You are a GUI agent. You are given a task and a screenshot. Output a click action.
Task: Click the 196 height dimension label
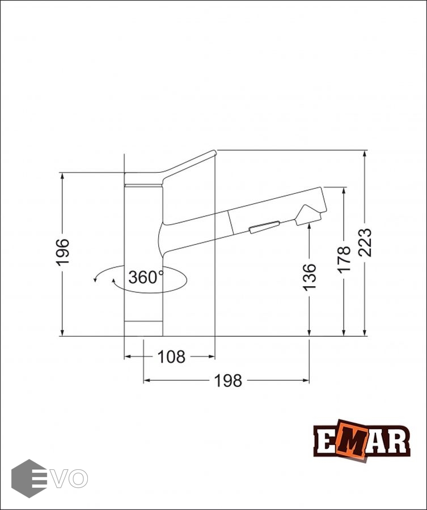point(62,252)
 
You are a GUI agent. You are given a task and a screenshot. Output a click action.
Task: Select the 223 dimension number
point(365,243)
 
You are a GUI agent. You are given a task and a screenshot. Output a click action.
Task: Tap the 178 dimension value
point(344,259)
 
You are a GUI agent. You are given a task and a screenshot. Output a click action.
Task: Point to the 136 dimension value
point(309,277)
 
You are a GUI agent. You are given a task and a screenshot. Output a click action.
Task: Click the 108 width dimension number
point(171,357)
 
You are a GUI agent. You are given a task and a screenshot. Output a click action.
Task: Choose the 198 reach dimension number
point(228,381)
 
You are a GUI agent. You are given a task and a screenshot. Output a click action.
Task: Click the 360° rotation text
point(146,278)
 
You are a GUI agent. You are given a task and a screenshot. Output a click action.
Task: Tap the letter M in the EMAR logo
point(352,439)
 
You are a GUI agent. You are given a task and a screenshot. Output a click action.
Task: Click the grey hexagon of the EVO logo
point(29,478)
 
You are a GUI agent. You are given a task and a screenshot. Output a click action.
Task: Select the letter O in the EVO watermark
point(78,478)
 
